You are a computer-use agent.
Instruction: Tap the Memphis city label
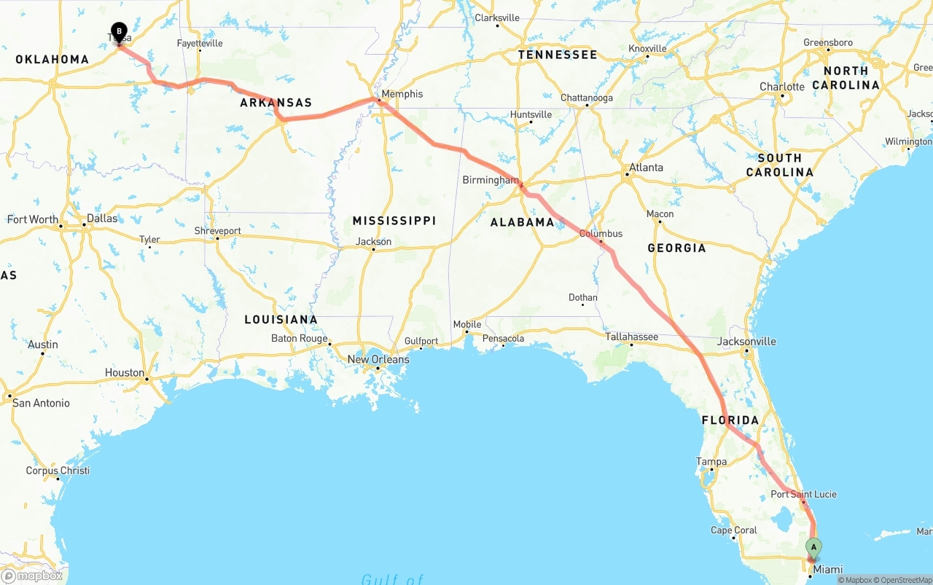point(402,94)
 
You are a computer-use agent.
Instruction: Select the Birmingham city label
point(491,180)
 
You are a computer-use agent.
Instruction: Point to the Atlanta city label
point(646,168)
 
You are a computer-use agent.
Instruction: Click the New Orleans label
point(378,359)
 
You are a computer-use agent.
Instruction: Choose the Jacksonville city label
point(746,341)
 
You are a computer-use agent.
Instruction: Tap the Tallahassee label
point(631,337)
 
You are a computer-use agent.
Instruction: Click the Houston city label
point(125,372)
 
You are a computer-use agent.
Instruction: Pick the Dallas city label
point(101,218)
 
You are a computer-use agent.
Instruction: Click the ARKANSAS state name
point(276,103)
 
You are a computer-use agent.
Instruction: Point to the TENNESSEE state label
point(558,55)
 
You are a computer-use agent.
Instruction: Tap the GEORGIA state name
point(676,248)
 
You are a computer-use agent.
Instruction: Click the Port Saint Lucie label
point(803,494)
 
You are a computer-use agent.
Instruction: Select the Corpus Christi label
point(58,471)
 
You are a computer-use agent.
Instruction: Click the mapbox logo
point(32,576)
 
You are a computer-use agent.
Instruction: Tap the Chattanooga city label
point(586,98)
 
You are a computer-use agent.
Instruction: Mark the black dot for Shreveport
point(217,238)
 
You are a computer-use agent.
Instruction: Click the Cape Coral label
point(735,530)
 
